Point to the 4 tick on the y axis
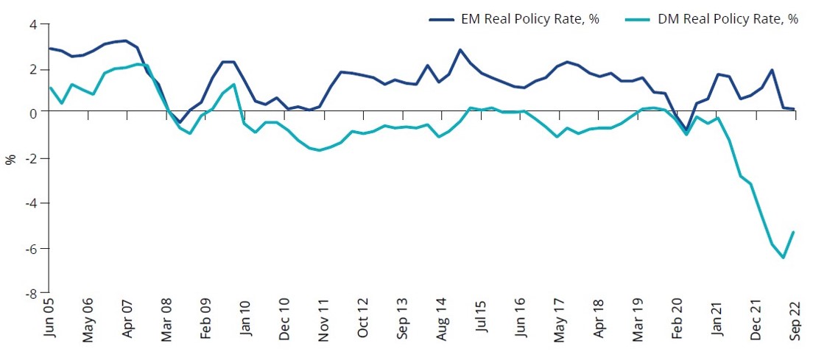click(33, 24)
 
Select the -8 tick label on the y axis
click(31, 292)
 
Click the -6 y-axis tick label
click(31, 248)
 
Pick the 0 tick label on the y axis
click(33, 113)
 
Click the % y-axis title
click(10, 158)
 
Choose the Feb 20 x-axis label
click(680, 320)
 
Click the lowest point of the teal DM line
click(783, 258)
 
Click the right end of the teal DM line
click(794, 232)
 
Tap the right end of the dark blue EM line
click(794, 109)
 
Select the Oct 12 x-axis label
click(365, 320)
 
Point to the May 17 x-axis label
click(562, 320)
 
